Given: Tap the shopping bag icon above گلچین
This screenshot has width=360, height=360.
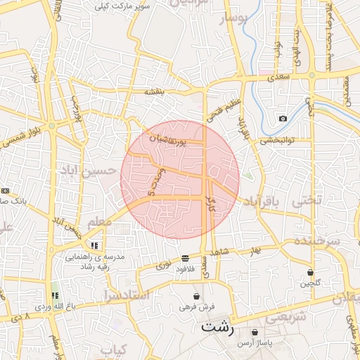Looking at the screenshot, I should (x=310, y=272).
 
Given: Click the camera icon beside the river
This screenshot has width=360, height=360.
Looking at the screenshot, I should (x=283, y=118).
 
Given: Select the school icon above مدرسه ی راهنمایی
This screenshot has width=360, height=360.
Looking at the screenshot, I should (x=94, y=245).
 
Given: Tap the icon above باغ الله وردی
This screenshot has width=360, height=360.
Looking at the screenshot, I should (x=55, y=295).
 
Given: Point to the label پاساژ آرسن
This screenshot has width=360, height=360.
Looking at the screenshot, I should (x=254, y=342).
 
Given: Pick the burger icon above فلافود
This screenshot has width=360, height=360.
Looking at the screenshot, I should (x=184, y=257).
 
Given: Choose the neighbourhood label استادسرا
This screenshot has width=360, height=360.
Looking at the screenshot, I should (x=127, y=295).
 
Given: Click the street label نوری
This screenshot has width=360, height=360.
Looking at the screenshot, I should (x=163, y=266).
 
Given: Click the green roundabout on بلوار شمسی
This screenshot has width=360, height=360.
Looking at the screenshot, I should (x=52, y=126).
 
